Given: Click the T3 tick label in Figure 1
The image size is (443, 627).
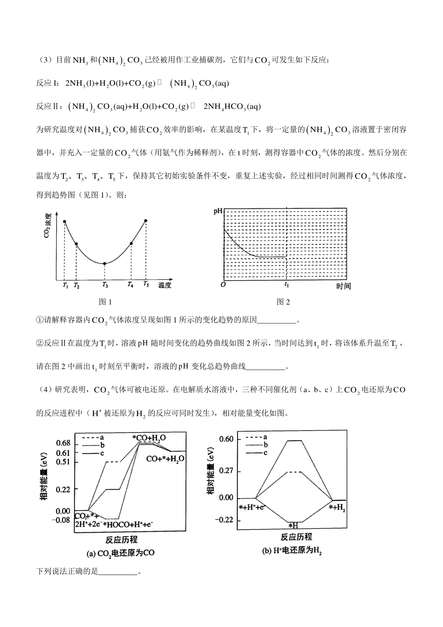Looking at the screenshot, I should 105,285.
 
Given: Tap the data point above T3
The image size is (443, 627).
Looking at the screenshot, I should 105,263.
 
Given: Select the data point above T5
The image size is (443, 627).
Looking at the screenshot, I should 146,221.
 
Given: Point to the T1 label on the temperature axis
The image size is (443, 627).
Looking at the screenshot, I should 65,285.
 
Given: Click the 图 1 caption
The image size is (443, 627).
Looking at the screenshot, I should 105,302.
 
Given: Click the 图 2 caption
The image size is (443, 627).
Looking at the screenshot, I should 283,302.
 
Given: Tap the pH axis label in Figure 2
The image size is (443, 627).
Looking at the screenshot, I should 218,212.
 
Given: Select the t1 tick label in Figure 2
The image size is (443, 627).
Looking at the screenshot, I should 286,284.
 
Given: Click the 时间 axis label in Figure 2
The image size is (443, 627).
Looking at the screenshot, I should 343,286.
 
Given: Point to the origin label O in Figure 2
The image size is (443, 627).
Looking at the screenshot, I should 223,285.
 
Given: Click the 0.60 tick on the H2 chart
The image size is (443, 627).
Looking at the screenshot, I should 226,439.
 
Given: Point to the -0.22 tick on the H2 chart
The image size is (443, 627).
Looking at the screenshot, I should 225,520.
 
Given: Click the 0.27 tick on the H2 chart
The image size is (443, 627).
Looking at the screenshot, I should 226,472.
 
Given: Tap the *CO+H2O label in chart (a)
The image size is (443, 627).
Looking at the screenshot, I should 149,438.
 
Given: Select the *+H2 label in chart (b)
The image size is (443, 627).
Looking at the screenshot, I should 337,508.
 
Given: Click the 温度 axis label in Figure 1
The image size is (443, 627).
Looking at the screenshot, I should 165,285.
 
